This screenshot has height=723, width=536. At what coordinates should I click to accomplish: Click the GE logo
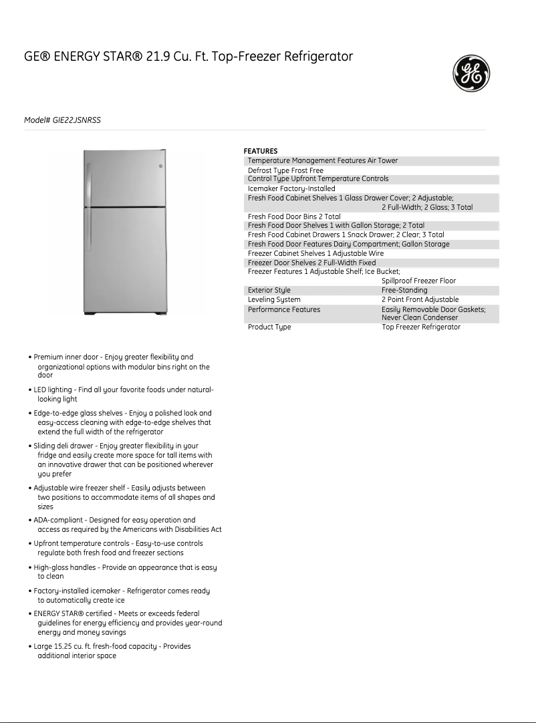472,74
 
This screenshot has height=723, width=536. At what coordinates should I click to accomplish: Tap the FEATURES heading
261,151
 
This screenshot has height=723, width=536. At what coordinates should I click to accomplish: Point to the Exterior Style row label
269,291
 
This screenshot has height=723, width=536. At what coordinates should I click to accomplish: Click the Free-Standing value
404,291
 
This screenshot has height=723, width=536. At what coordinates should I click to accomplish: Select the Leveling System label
274,300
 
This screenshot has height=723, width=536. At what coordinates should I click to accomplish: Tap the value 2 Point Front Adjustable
420,300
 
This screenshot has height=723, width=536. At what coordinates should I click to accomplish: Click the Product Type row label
269,327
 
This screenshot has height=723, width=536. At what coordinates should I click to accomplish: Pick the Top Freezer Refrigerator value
421,327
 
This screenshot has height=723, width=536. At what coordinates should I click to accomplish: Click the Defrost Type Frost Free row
285,170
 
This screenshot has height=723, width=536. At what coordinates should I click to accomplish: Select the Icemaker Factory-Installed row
291,188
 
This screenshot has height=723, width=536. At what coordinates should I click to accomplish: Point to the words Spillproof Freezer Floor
418,281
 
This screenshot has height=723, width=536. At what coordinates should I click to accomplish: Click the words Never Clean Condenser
420,318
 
